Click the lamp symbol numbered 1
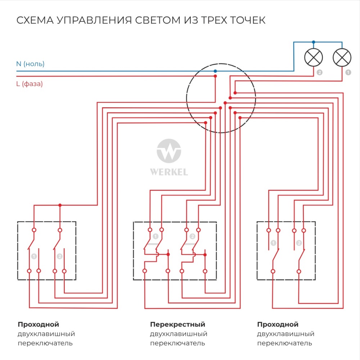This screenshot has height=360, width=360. click(x=342, y=57)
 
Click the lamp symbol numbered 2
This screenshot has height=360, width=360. click(x=314, y=57)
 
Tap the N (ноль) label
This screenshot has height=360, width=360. click(x=30, y=64)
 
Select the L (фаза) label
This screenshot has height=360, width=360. click(x=30, y=84)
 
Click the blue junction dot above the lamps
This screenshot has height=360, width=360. click(x=314, y=42)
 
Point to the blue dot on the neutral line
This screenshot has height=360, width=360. click(x=215, y=71)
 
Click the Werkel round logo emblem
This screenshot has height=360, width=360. click(x=169, y=152)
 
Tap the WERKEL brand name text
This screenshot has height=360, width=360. click(x=169, y=172)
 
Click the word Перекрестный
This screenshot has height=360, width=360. click(x=177, y=324)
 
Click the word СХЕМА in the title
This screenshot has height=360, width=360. click(x=34, y=20)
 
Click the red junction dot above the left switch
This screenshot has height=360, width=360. click(x=60, y=205)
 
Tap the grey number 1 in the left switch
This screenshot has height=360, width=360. click(x=34, y=257)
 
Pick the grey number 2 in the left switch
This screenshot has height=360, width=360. click(x=60, y=257)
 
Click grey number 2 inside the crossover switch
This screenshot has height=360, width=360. click(x=192, y=237)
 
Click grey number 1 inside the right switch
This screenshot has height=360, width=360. click(x=273, y=243)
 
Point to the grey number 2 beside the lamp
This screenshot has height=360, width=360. click(x=319, y=73)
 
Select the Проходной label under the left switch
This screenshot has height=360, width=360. click(x=38, y=324)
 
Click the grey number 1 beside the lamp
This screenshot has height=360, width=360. click(x=348, y=73)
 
